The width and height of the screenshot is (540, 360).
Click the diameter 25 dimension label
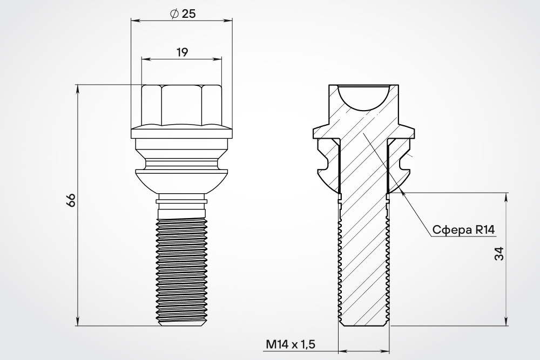(183, 14)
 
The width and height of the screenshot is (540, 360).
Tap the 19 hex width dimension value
(182, 53)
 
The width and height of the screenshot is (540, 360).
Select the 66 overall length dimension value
(71, 200)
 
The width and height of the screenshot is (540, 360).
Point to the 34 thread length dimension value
(500, 254)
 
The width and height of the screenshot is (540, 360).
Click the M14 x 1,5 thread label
(291, 344)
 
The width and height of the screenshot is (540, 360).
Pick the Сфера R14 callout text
(463, 229)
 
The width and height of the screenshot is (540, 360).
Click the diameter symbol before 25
(174, 14)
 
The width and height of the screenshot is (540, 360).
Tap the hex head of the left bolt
(181, 105)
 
